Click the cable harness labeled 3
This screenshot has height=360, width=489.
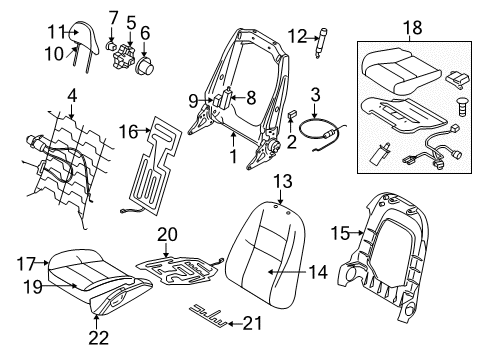pos(326,131)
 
